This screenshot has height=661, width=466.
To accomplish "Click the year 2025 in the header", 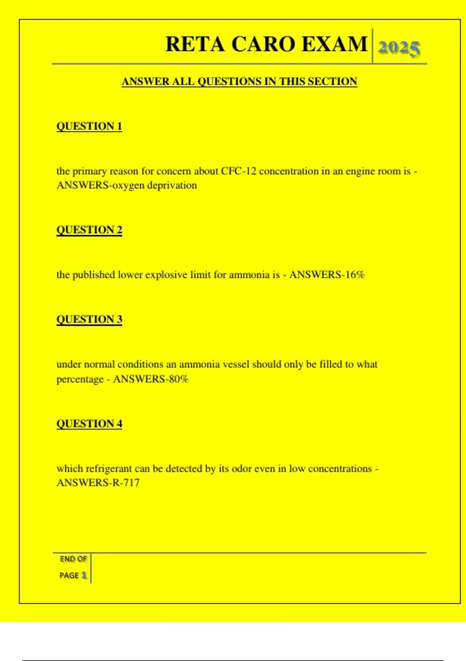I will (399, 48).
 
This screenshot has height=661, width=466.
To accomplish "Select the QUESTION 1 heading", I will (89, 126).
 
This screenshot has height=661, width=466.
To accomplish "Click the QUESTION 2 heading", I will (89, 230).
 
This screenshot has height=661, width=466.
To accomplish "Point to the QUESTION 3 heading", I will (89, 319).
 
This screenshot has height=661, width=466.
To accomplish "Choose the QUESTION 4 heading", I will (89, 423).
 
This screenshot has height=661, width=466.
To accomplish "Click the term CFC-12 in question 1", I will (238, 171).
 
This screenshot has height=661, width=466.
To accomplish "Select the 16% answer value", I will (355, 275).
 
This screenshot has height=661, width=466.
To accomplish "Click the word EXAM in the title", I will (334, 44).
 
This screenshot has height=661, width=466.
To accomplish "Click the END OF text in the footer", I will (73, 559).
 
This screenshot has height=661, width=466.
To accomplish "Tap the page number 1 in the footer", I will (83, 575).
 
